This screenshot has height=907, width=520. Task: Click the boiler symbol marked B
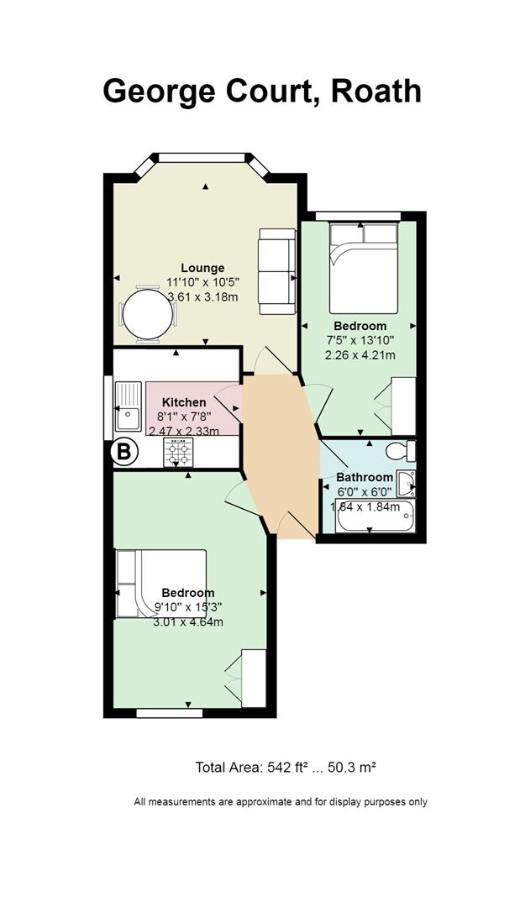[124, 452]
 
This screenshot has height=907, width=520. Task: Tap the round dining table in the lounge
[148, 314]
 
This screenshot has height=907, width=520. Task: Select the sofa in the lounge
[277, 271]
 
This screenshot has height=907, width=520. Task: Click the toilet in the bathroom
[402, 451]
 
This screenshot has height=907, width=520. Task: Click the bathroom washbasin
[407, 484]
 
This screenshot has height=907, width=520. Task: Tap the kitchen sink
[128, 406]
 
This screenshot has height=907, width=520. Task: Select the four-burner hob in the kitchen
[178, 452]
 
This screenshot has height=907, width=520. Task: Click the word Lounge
[202, 268]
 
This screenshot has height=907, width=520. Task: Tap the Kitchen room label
[184, 402]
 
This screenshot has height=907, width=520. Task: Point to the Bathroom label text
[365, 478]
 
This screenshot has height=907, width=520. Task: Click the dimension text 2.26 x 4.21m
[360, 355]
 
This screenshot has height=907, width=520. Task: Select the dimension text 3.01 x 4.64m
[188, 622]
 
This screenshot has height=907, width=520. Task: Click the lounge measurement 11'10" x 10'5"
[202, 282]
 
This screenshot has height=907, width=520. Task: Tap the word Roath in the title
[376, 92]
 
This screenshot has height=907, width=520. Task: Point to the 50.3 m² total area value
[352, 768]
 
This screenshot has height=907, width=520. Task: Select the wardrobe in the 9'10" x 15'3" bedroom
[254, 678]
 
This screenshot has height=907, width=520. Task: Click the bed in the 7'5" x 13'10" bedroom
[364, 269]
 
